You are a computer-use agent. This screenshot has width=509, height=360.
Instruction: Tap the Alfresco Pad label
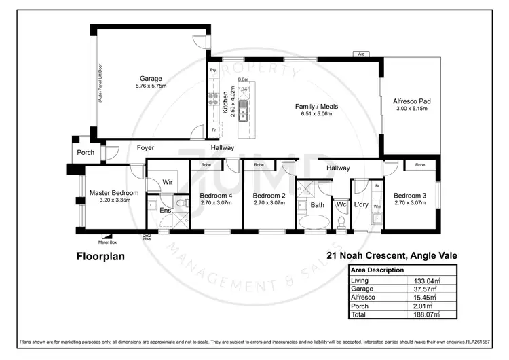[412, 101]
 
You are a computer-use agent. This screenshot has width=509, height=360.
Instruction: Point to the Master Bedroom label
[114, 193]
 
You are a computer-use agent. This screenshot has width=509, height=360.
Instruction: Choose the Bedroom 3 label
[409, 194]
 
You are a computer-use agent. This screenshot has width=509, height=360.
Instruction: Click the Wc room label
[341, 204]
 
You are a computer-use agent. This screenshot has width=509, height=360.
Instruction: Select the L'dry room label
[361, 204]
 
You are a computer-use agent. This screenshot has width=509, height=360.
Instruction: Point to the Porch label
[86, 152]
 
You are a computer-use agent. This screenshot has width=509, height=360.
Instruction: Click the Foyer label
[145, 147]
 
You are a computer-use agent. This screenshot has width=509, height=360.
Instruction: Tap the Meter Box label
[107, 241]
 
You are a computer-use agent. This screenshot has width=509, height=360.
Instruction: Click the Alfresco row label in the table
[362, 298]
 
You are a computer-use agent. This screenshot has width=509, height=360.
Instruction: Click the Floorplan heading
[101, 257]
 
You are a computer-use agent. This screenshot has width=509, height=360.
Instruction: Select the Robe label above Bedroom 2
[259, 165]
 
